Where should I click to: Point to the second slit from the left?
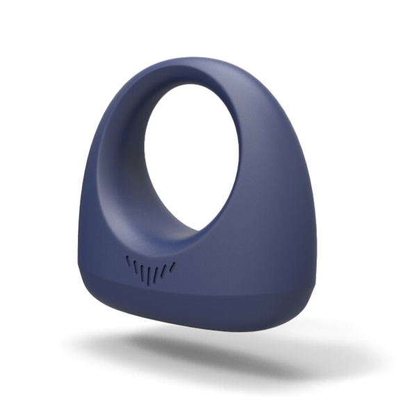[x=136, y=266]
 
